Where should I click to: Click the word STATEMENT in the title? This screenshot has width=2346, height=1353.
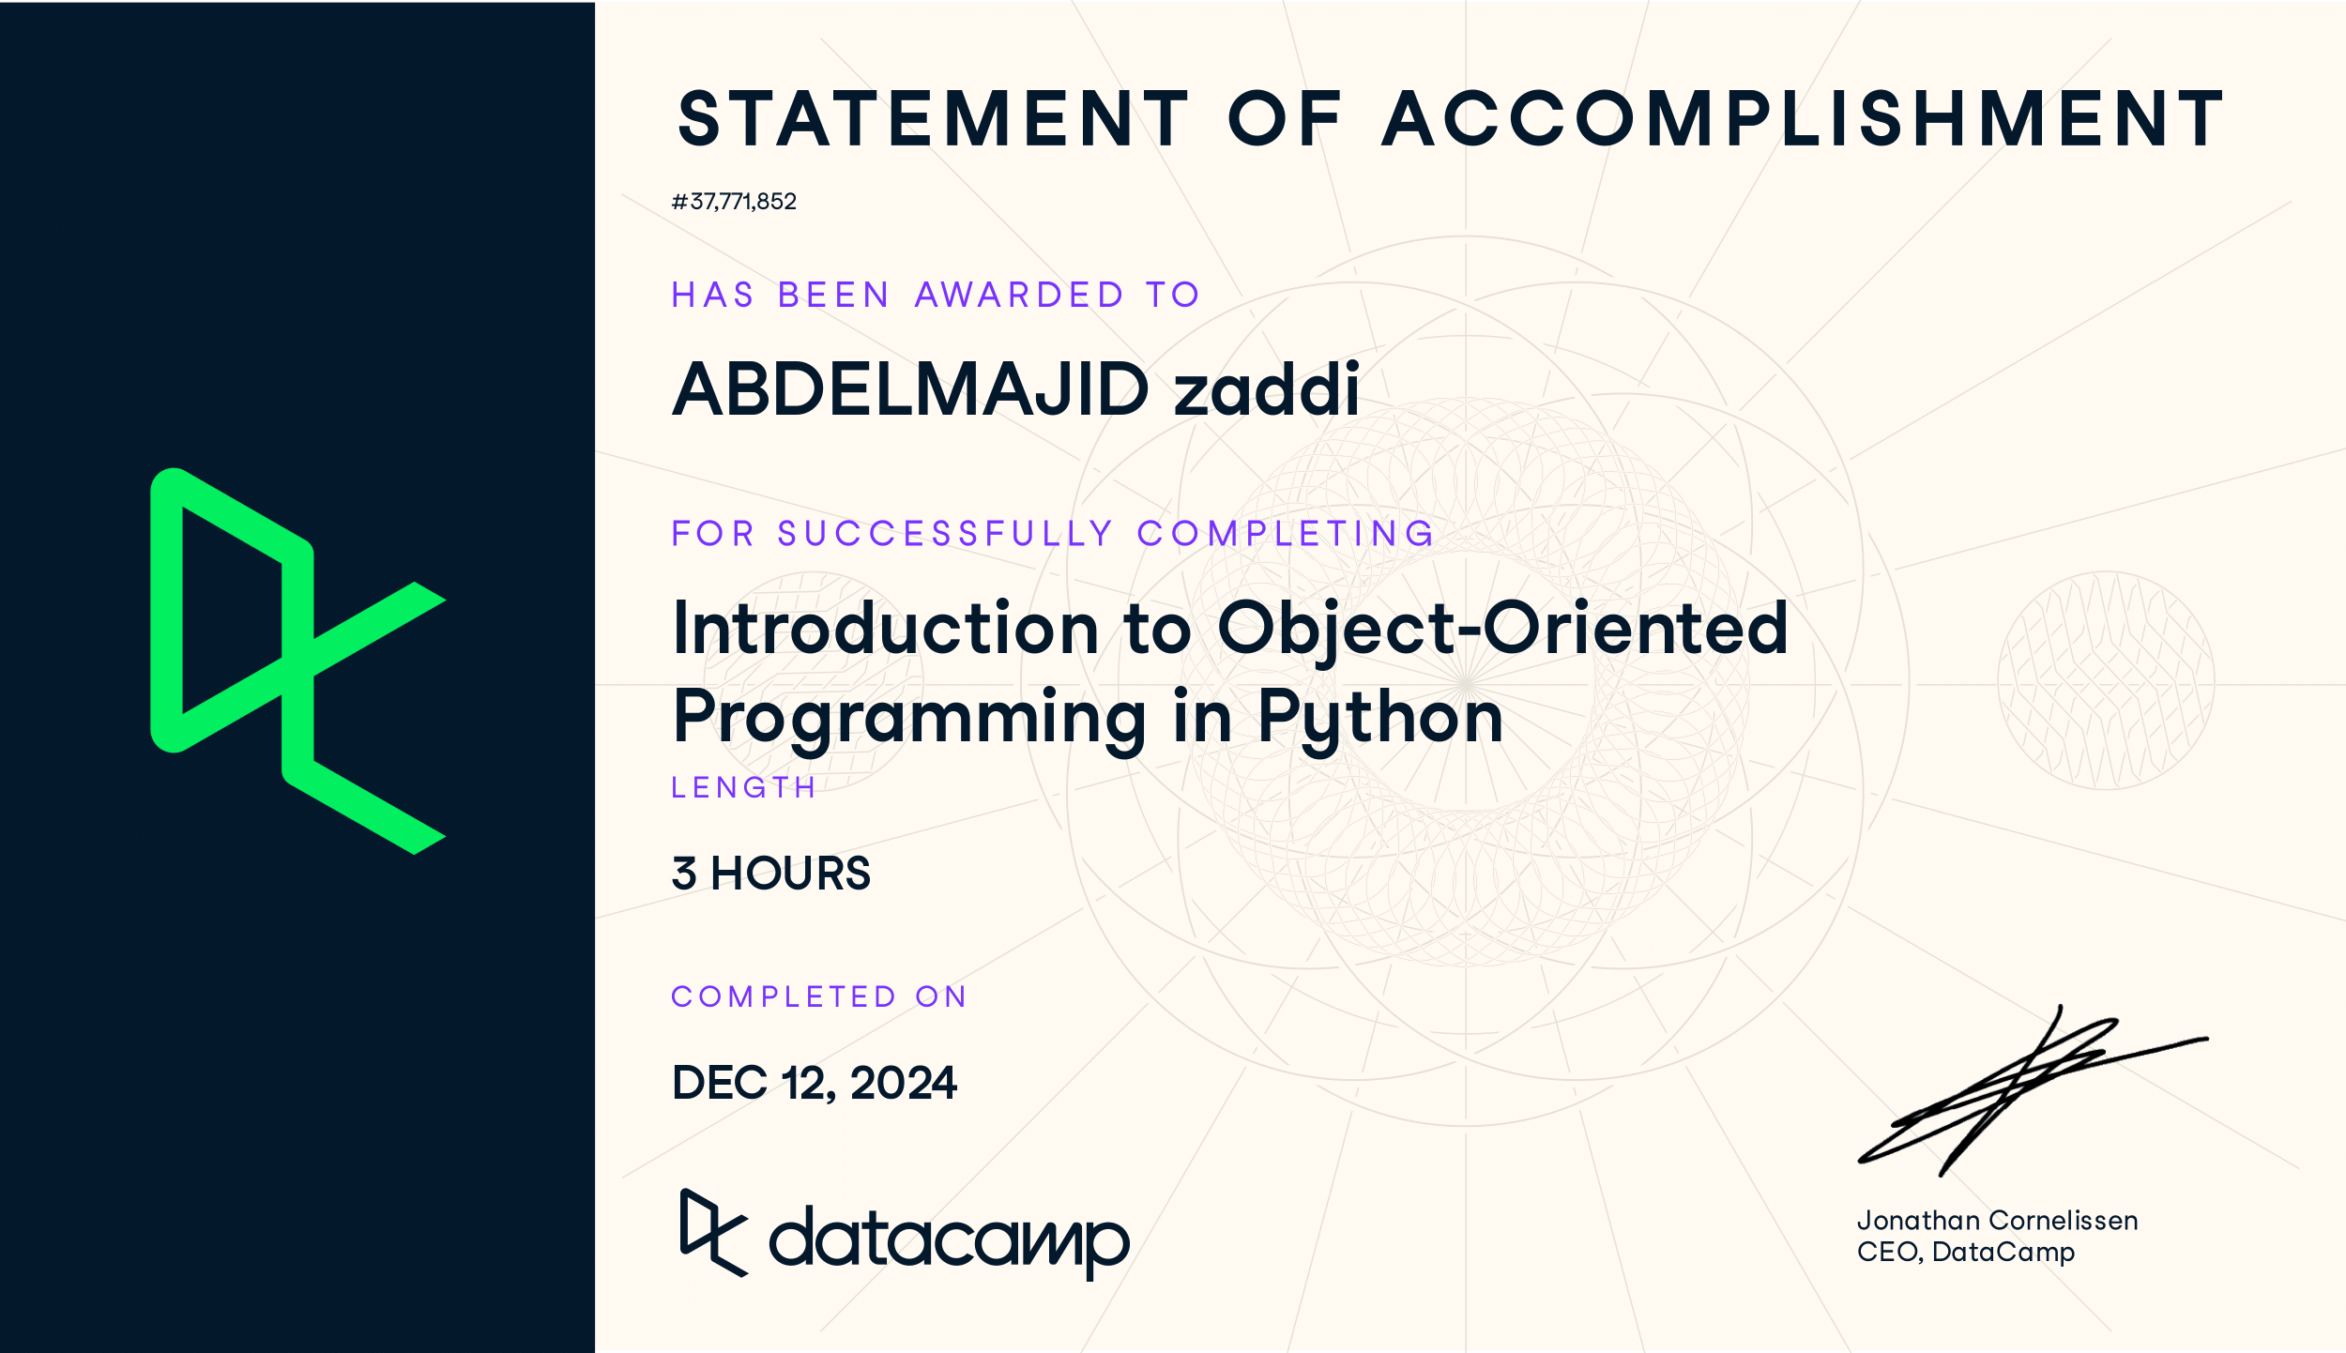934,119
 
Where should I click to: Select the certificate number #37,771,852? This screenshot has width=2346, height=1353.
734,202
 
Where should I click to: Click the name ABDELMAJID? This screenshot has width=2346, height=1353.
910,389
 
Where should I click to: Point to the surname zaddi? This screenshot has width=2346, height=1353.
1266,389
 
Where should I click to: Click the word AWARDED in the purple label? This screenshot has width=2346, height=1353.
1019,296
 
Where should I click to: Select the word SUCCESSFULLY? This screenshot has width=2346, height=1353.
945,534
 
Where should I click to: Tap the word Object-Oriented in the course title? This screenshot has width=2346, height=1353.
1502,628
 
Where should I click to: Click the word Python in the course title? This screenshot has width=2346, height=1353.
1379,718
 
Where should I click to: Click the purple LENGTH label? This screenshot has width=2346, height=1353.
743,787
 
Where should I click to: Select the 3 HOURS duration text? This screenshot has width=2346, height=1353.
771,874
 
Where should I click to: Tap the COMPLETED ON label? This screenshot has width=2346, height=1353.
818,996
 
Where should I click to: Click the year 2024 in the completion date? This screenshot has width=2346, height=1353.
903,1083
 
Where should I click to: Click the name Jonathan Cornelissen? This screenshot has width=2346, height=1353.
1997,1221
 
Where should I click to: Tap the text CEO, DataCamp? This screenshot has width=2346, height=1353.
1965,1253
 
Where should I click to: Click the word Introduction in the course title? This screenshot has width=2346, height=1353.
886,628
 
